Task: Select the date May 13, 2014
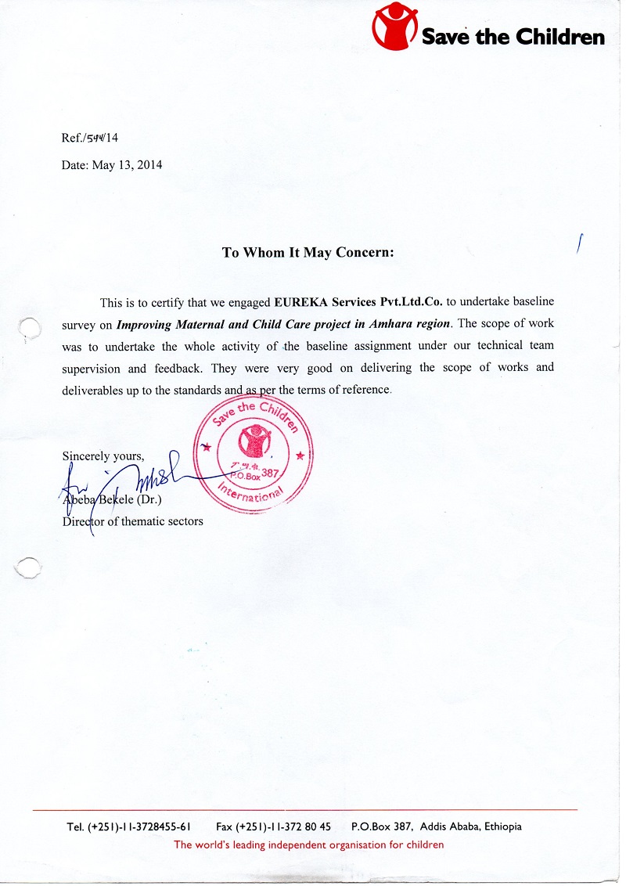(128, 165)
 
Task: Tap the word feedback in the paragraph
(177, 368)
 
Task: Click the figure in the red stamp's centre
(253, 444)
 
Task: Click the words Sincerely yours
(103, 456)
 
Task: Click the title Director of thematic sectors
(133, 521)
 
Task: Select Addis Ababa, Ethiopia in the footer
(470, 827)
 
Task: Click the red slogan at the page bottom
(308, 845)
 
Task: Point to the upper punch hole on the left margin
(28, 330)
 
